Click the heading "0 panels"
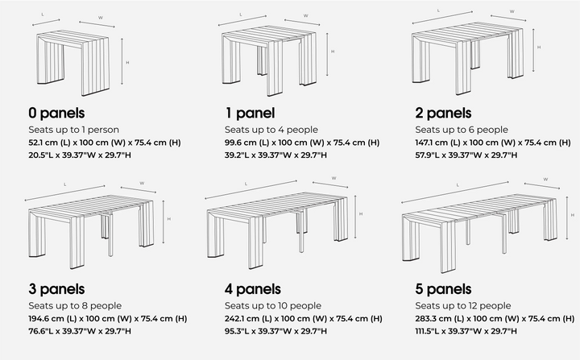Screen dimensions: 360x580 pos(56,113)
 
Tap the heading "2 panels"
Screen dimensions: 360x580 pos(443,113)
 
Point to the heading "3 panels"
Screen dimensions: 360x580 pos(56,288)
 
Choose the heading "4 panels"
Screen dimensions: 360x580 pos(252,288)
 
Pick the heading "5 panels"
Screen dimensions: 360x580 pos(443,288)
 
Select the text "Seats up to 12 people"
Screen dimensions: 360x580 pos(462,305)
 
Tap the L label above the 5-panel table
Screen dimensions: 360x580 pos(457,185)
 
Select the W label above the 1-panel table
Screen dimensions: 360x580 pos(305,15)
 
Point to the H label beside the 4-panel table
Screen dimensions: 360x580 pos(360,213)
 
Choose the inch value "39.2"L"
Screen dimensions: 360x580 pos(237,155)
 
